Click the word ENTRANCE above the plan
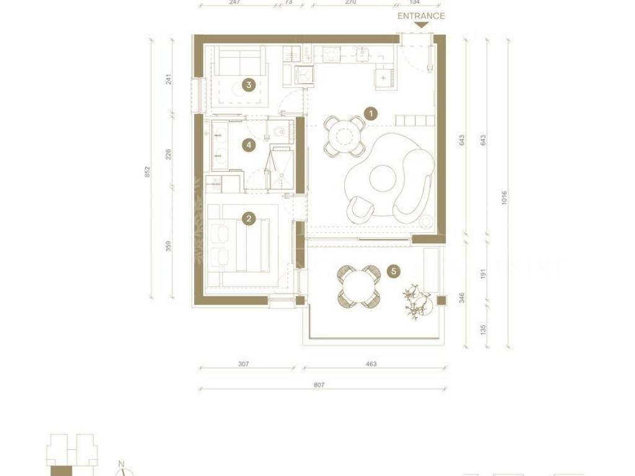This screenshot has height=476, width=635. point(421,15)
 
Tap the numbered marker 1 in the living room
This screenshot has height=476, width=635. point(371,114)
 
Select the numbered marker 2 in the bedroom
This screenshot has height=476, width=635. point(249,219)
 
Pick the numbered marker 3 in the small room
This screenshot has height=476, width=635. point(249,85)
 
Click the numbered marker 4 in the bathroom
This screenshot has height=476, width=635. point(249,144)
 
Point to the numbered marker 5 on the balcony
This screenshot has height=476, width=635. point(394,271)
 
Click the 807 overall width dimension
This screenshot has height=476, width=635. point(319,385)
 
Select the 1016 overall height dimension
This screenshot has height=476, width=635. point(504,198)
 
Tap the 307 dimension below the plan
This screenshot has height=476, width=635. point(243,364)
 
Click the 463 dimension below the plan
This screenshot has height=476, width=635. point(371,364)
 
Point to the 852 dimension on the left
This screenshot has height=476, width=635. point(148,172)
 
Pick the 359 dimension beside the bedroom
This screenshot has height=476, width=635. point(169,246)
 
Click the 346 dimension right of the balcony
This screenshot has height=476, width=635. point(461,298)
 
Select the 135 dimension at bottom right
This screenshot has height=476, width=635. point(482,330)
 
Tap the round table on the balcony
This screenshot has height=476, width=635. point(359,286)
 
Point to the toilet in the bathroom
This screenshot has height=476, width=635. point(279,132)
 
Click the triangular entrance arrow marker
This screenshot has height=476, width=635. point(422,25)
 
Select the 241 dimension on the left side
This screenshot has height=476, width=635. point(169,79)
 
